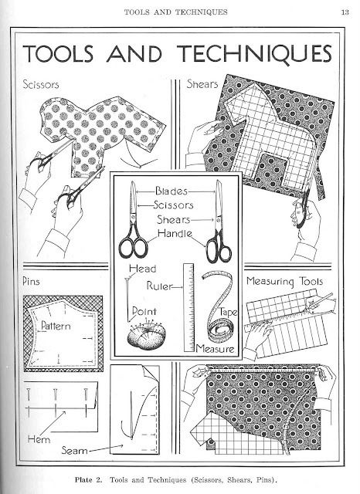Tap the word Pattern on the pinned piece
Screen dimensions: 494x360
coord(56,326)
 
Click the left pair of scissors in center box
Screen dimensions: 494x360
coord(132,224)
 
